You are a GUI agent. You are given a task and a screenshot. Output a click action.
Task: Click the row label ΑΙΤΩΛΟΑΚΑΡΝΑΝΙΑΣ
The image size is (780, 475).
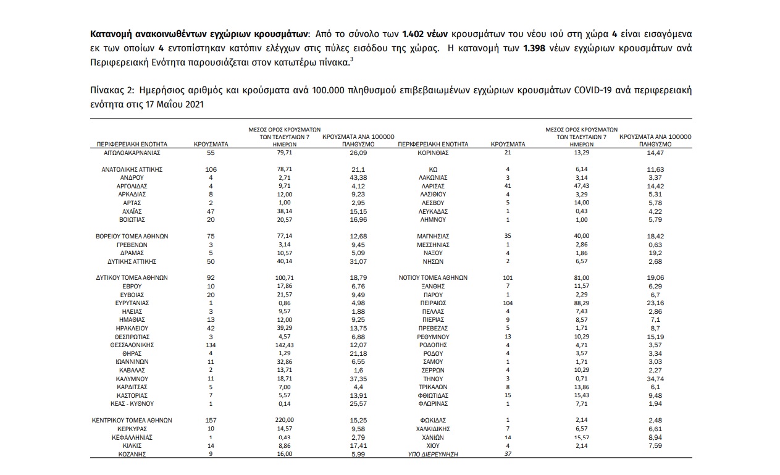click(130, 152)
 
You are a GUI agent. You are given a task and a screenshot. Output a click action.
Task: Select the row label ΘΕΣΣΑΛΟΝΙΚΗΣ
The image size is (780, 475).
click(130, 344)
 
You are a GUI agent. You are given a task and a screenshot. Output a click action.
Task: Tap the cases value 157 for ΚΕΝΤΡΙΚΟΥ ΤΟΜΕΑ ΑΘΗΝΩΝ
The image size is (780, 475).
click(211, 420)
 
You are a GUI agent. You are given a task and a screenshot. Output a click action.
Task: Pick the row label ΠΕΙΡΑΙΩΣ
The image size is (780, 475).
click(432, 303)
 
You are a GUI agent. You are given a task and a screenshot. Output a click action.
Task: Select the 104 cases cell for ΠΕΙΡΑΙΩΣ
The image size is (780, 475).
click(507, 303)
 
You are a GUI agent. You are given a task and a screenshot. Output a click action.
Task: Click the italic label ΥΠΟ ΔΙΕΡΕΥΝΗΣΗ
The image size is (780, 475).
click(432, 454)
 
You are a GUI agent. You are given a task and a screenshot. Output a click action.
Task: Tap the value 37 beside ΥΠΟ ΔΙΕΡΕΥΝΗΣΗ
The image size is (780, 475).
click(507, 454)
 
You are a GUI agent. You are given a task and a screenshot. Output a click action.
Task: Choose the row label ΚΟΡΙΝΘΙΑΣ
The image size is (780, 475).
click(432, 152)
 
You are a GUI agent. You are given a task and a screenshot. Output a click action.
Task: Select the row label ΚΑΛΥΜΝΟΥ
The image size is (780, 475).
click(130, 377)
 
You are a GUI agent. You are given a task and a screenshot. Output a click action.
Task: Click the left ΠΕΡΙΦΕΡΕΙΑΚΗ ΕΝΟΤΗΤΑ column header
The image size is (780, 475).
click(129, 144)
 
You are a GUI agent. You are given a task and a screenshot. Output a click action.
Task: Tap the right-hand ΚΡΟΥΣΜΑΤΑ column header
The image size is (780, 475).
click(508, 144)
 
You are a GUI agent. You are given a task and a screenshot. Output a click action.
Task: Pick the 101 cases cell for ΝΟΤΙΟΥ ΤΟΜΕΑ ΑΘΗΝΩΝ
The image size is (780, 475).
click(507, 277)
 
